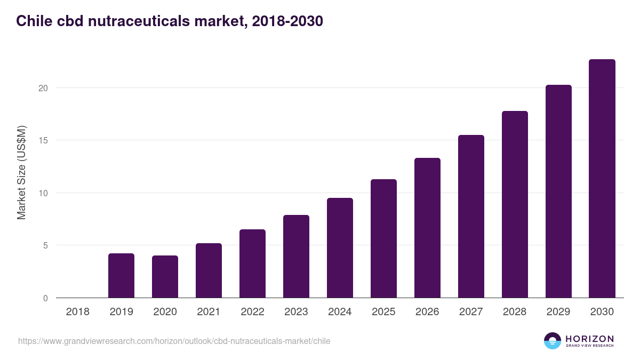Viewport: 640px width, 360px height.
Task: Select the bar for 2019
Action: [x=121, y=276]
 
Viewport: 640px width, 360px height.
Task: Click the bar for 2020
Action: [x=165, y=277]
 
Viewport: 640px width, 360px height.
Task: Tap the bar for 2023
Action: [x=296, y=257]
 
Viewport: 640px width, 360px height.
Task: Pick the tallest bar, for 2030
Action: [x=602, y=179]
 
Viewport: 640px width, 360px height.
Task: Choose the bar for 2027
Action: [x=471, y=217]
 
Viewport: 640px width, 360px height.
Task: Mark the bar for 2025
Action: [x=383, y=238]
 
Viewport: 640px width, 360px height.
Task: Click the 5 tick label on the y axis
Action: [x=45, y=246]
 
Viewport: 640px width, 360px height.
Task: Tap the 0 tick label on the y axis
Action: [x=45, y=299]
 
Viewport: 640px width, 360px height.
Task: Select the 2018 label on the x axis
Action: [x=77, y=312]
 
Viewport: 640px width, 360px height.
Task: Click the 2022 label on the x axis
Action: [x=252, y=312]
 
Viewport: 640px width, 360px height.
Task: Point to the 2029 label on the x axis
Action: [x=558, y=312]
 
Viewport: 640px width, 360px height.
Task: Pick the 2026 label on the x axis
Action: [x=427, y=312]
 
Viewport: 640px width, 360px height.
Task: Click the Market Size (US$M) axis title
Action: [x=21, y=172]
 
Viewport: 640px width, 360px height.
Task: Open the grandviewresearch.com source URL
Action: [x=174, y=341]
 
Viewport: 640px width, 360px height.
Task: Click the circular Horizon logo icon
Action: [x=553, y=341]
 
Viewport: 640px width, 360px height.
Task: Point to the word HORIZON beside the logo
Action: [x=589, y=339]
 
